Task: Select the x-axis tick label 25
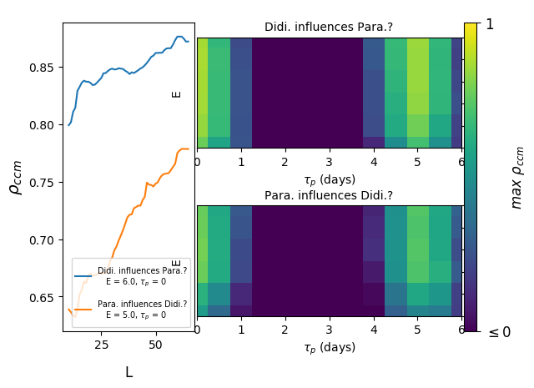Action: tap(101, 345)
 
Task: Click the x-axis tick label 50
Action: tap(155, 345)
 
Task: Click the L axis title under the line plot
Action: tap(128, 372)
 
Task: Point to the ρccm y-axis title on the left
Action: tap(16, 177)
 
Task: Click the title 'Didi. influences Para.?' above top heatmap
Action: tap(329, 28)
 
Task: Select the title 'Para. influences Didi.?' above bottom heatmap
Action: tap(329, 195)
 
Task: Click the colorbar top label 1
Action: tap(490, 25)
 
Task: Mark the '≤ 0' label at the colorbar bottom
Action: tap(494, 332)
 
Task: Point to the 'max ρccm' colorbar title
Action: tap(517, 177)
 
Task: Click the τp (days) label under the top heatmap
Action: tap(329, 179)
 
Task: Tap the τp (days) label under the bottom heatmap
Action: tap(329, 347)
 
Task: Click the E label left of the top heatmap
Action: tap(177, 93)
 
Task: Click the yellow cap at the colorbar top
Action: tap(471, 30)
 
